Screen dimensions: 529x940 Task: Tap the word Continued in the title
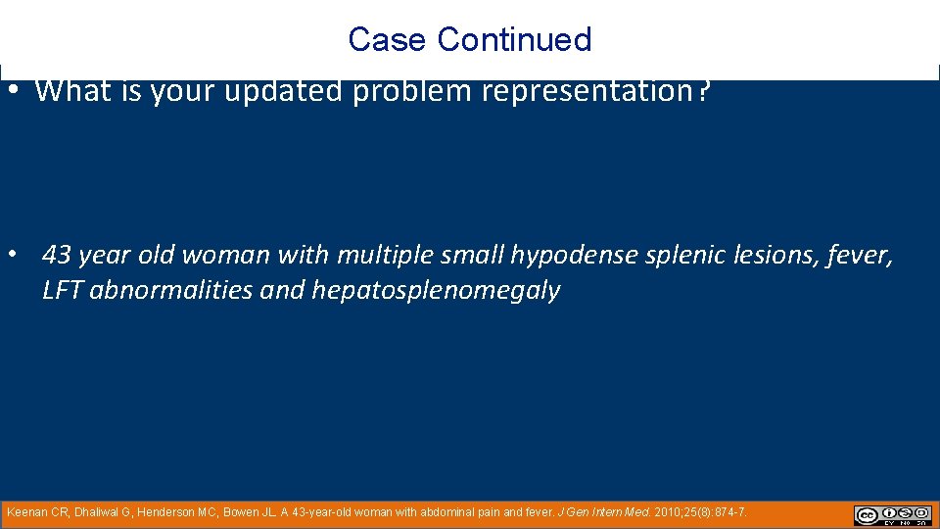point(515,39)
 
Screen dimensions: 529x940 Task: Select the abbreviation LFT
point(63,291)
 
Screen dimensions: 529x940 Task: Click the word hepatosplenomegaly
point(436,291)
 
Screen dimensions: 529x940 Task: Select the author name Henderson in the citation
point(167,512)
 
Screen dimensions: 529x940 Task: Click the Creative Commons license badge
point(893,515)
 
